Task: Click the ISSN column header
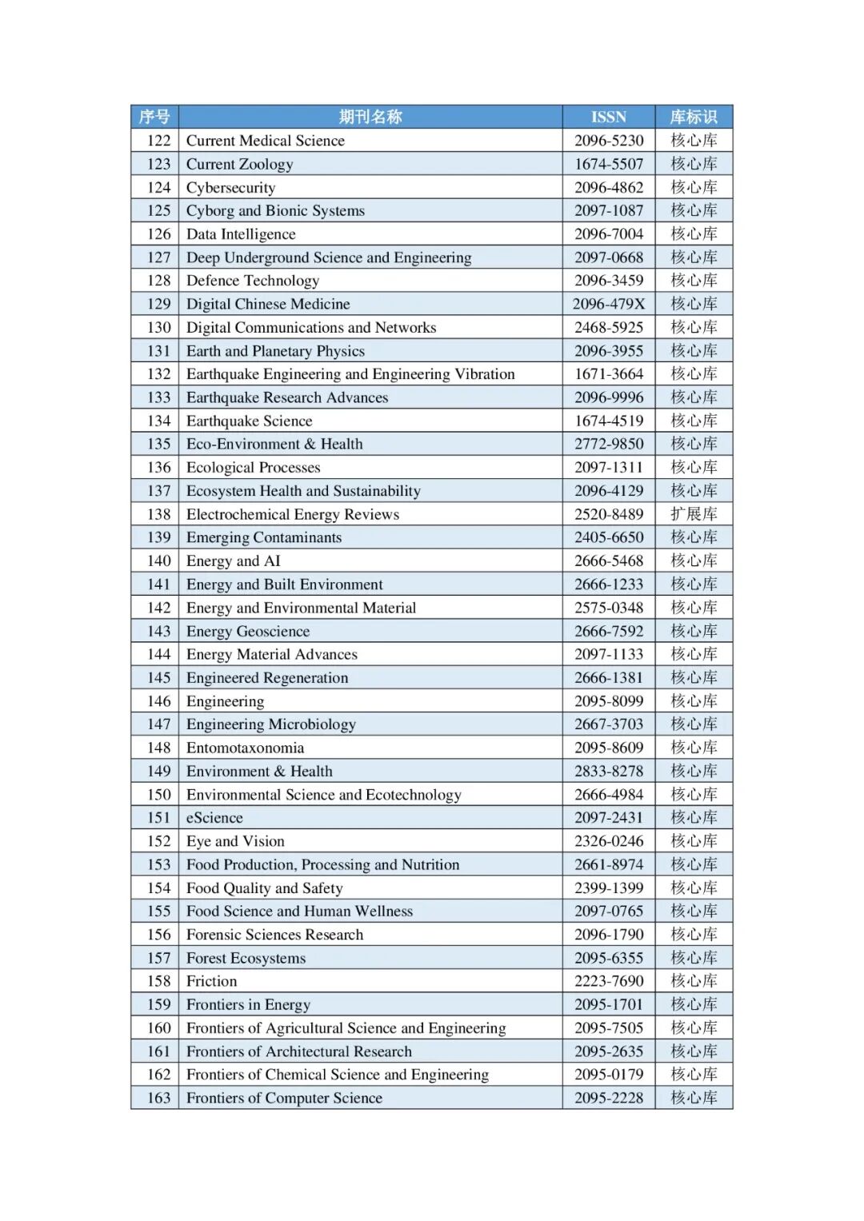click(609, 117)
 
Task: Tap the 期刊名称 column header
click(370, 117)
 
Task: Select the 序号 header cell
click(154, 117)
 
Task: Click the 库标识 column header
click(694, 117)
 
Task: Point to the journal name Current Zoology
click(239, 164)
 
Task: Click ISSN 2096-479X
click(609, 304)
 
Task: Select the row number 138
click(158, 514)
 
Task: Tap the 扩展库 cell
click(694, 514)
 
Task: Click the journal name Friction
click(211, 981)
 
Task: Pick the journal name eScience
click(214, 818)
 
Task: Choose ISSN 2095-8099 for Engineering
click(609, 701)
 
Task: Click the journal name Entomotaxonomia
click(245, 748)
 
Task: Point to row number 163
click(158, 1098)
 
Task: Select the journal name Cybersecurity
click(230, 187)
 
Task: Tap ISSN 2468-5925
click(609, 327)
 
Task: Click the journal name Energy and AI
click(233, 561)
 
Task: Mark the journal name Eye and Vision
click(235, 841)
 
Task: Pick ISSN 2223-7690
click(609, 981)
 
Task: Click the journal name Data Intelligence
click(241, 234)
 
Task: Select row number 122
click(158, 141)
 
